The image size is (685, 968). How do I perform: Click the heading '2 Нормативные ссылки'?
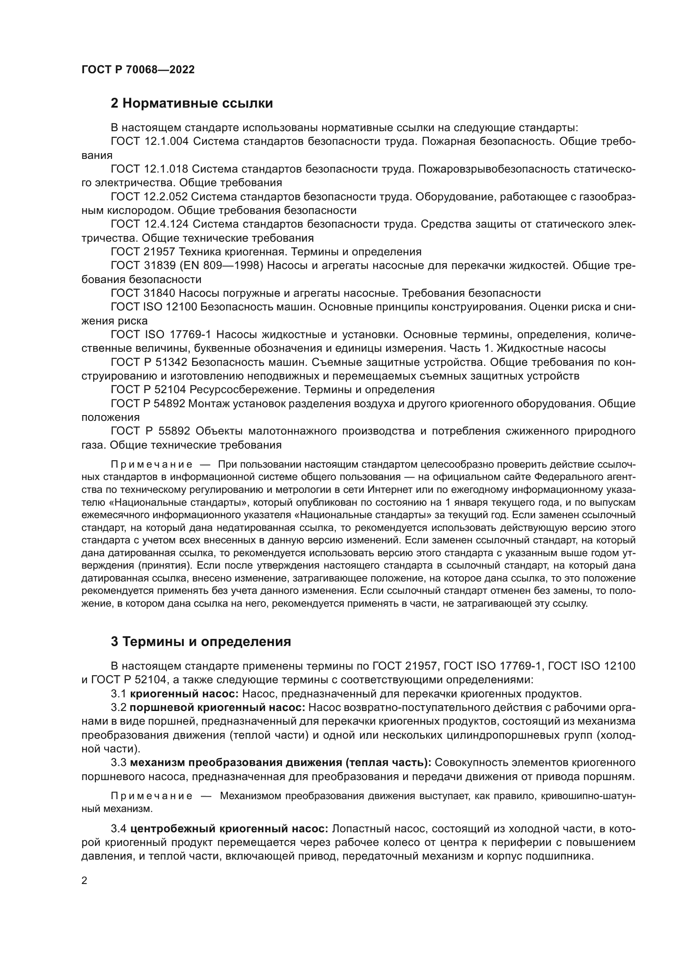pos(191,103)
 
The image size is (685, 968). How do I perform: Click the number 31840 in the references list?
pos(160,293)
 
